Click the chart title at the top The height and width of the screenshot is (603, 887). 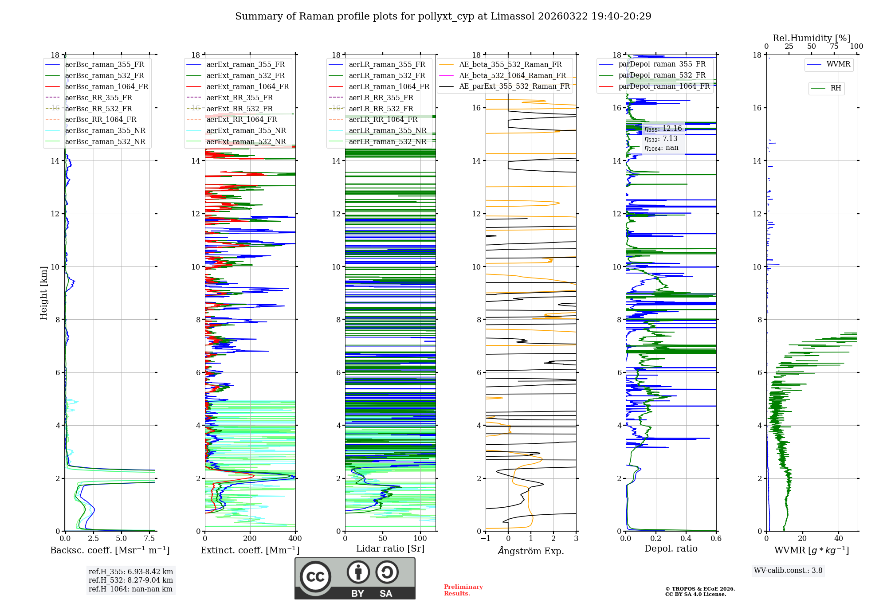pos(443,16)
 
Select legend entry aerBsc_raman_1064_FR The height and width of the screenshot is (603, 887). pos(106,87)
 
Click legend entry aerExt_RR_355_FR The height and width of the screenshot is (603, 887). pos(239,98)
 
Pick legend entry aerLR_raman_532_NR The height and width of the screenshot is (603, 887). pos(387,142)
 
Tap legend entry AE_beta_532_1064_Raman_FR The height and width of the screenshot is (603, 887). pos(512,76)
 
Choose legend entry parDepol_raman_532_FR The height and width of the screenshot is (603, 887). pos(662,75)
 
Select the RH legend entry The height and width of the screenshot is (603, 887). pos(836,88)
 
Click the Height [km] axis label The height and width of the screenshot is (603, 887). pos(43,293)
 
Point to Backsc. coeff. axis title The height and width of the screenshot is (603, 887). pos(110,550)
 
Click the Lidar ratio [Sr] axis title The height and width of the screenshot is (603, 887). pos(390,548)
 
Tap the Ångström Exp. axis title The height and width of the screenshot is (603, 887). pos(531,551)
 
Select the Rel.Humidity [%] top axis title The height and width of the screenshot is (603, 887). pos(811,38)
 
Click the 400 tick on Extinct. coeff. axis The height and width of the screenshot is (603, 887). pos(295,539)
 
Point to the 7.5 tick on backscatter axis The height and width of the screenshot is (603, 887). pos(149,539)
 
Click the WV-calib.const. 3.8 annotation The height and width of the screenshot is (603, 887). pos(788,571)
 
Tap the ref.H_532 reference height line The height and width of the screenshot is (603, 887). pos(131,580)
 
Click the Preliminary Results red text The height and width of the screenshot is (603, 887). pos(463,590)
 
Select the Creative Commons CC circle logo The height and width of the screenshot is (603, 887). pos(315,577)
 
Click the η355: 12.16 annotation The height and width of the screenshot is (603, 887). pos(663,129)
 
